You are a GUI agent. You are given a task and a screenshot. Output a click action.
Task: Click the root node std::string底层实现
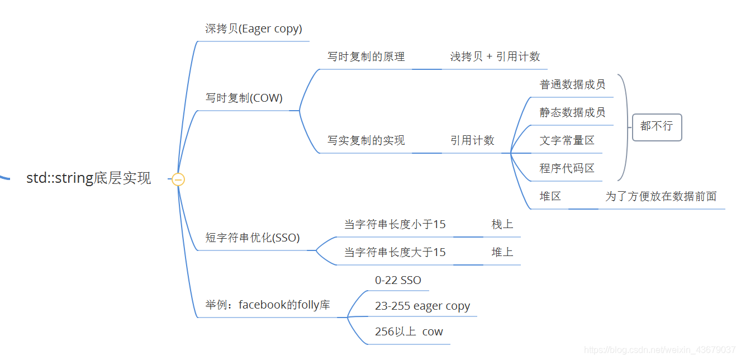pos(89,179)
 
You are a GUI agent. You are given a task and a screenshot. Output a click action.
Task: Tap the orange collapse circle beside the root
pos(178,179)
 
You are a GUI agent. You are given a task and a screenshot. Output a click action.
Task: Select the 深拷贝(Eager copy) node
pos(254,29)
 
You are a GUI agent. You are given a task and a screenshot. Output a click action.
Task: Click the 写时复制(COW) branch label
pos(244,98)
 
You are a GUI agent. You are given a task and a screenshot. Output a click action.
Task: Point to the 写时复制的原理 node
pos(366,57)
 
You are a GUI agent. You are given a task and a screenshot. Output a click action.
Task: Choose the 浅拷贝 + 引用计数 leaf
pos(495,57)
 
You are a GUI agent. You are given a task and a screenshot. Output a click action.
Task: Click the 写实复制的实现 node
pos(366,141)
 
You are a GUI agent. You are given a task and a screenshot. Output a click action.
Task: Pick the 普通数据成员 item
pos(572,85)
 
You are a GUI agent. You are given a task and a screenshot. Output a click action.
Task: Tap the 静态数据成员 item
pos(572,113)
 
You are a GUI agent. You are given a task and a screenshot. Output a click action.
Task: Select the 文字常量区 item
pos(567,141)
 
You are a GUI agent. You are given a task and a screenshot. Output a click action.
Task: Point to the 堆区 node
pos(550,197)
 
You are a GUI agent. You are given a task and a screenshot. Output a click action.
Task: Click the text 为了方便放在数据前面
pos(661,197)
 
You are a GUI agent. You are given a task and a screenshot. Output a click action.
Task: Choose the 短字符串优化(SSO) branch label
pos(253,238)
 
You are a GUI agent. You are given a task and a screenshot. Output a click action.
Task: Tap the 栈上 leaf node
pos(502,225)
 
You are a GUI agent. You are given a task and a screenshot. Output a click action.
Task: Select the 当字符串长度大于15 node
pos(395,253)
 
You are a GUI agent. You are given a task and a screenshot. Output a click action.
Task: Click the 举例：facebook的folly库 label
pos(268,305)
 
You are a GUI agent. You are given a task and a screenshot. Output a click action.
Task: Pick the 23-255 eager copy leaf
pos(422,306)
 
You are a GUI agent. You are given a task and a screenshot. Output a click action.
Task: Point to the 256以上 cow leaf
pos(409,332)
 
